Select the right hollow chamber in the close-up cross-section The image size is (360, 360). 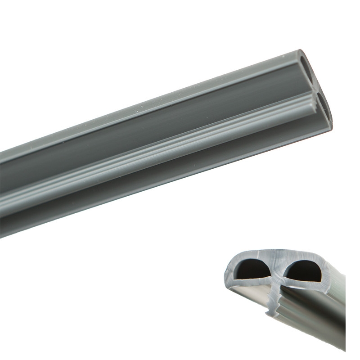point(302,271)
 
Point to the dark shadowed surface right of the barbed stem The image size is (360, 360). point(310,310)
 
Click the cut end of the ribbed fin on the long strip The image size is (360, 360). point(310,97)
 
